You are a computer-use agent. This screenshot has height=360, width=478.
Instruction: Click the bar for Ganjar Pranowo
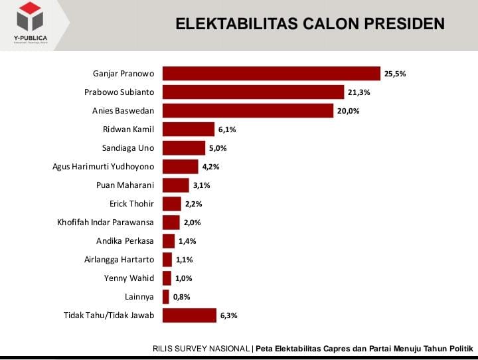[x=271, y=74]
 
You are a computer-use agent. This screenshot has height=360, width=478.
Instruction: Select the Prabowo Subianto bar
[x=253, y=92]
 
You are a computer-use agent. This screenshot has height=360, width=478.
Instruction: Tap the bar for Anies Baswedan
[x=248, y=111]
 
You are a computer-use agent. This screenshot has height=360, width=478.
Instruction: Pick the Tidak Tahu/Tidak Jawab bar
[x=189, y=315]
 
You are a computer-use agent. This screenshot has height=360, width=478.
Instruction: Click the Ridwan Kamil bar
[x=189, y=130]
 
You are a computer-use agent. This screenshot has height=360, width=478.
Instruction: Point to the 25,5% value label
[x=395, y=74]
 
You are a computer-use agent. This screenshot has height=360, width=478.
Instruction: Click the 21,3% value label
[x=359, y=92]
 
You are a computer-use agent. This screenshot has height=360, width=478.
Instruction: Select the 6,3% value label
[x=228, y=315]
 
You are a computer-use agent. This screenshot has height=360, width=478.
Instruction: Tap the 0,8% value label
[x=183, y=297]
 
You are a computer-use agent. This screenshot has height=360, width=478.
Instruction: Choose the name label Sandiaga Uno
[x=128, y=148]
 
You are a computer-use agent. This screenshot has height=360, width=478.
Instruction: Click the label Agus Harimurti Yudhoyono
[x=103, y=167]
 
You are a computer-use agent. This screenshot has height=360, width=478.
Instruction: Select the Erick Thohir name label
[x=131, y=204]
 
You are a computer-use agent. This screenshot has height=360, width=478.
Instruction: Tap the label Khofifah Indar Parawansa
[x=106, y=223]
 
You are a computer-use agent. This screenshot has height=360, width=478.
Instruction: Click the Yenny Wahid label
[x=129, y=278]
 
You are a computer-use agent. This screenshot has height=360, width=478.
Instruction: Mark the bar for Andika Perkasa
[x=169, y=241]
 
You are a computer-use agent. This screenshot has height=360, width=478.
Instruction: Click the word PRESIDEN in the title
[x=404, y=25]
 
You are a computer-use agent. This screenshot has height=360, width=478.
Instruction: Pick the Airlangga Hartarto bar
[x=167, y=260]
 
